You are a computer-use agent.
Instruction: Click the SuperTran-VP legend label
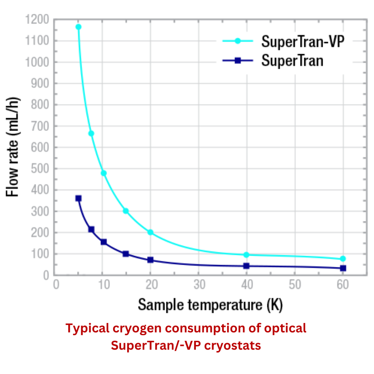(x=302, y=41)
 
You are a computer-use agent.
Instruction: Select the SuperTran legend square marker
(x=237, y=60)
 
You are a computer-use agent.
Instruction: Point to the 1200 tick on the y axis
(x=37, y=19)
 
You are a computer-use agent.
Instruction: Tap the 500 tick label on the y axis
(x=40, y=169)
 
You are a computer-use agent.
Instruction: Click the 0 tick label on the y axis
(x=46, y=275)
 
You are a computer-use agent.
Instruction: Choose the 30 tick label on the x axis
(x=199, y=285)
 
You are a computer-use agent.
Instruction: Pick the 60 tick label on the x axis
(x=343, y=285)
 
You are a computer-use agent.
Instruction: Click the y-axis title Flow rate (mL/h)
(x=12, y=147)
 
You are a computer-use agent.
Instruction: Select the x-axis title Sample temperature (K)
(x=210, y=305)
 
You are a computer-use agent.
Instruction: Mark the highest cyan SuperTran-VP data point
(x=79, y=27)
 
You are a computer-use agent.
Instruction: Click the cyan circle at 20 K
(x=150, y=232)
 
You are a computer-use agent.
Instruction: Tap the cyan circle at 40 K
(x=246, y=255)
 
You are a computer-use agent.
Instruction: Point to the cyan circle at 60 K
(x=343, y=259)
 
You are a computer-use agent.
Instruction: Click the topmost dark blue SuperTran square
(x=79, y=198)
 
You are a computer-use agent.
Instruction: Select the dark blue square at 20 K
(x=150, y=260)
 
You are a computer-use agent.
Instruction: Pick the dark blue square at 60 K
(x=343, y=268)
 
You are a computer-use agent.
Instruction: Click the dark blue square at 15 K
(x=126, y=254)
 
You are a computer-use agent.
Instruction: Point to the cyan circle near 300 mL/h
(x=126, y=211)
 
